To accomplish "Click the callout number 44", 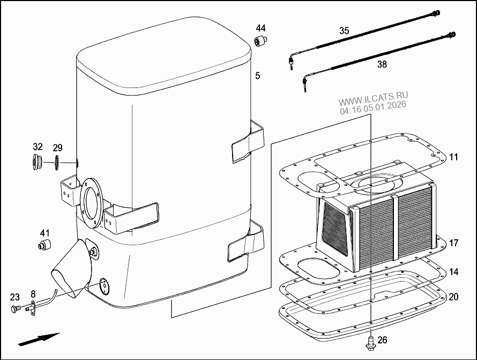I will click(260, 28).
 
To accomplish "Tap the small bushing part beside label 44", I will click(261, 41).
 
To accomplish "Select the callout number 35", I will click(344, 31).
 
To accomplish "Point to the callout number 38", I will click(382, 64).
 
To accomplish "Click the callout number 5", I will click(257, 76).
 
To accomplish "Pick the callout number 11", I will click(453, 157).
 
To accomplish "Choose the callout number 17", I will click(453, 243).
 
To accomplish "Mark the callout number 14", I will click(453, 272).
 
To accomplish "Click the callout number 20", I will click(453, 297).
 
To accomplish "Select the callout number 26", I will click(382, 340).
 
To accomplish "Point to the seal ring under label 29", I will click(57, 161).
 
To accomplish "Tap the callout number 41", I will click(44, 233).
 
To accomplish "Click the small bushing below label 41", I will click(43, 246).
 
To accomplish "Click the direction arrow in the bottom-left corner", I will click(38, 339).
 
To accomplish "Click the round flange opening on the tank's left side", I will click(91, 201).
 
